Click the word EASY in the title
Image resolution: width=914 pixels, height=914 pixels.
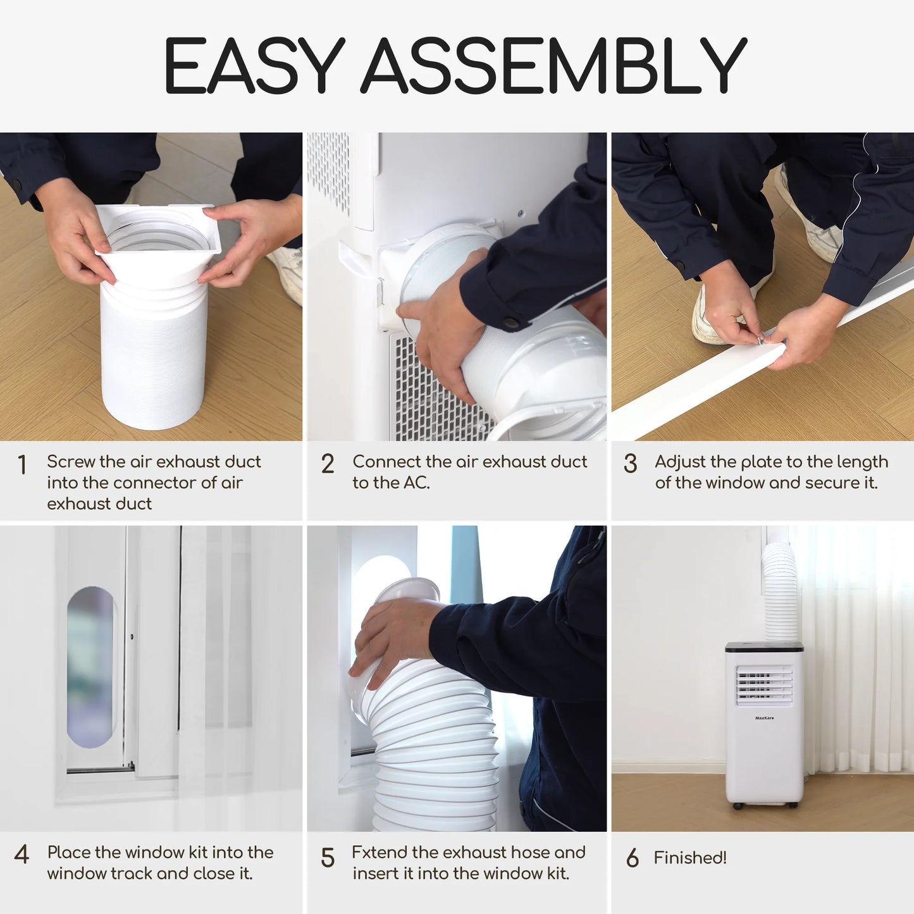pos(255,65)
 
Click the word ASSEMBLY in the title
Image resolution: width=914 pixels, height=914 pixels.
pos(554,65)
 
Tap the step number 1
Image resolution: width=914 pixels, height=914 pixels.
pos(22,464)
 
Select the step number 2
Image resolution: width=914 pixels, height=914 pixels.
pos(327,464)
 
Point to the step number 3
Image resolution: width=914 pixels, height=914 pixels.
pos(631,464)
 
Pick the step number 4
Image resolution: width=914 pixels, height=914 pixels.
pos(22,855)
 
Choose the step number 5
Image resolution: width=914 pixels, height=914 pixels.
pos(327,858)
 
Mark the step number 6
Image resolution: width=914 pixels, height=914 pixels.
pos(633,858)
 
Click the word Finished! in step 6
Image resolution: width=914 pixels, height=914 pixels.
pos(689,857)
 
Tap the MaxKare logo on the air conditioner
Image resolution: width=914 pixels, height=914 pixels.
pos(764,718)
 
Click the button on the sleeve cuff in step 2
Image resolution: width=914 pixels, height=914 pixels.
pos(511,323)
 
